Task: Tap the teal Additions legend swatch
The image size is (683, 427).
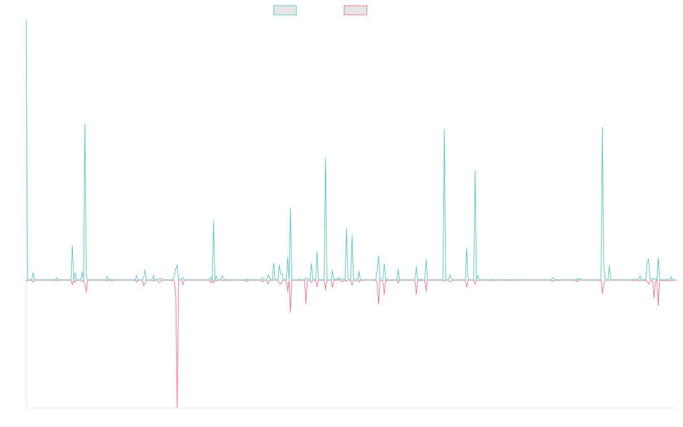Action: pyautogui.click(x=285, y=10)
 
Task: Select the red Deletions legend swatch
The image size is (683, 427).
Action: pyautogui.click(x=355, y=10)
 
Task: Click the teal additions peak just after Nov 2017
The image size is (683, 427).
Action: pyautogui.click(x=85, y=124)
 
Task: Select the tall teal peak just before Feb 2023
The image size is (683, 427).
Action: pyautogui.click(x=445, y=130)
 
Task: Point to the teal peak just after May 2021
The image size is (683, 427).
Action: pyautogui.click(x=326, y=158)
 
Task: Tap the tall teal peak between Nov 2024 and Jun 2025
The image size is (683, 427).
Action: pyautogui.click(x=602, y=127)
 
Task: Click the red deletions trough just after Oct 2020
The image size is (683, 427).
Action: pyautogui.click(x=290, y=311)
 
